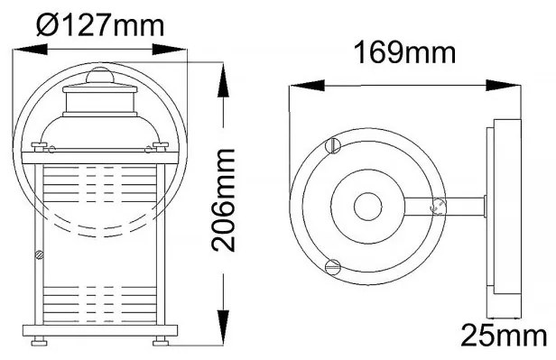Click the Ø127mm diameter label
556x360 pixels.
tap(100, 25)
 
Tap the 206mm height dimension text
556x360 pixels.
tap(224, 200)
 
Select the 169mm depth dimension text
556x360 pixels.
tap(405, 53)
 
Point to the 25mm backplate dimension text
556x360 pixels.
tap(504, 336)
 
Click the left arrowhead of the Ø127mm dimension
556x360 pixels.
tap(30, 50)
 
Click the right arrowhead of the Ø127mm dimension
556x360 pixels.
tap(169, 50)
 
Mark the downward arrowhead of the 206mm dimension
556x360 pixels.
tap(224, 327)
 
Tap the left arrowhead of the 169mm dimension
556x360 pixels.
tap(307, 86)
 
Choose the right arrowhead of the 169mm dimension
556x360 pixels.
tap(503, 86)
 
